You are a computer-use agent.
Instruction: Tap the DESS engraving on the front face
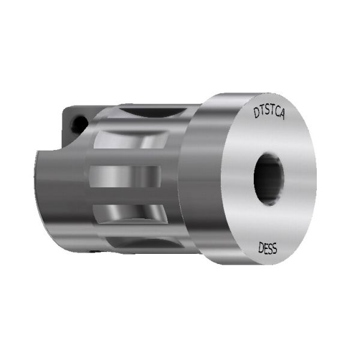267,247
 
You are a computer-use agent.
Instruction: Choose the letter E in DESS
264,247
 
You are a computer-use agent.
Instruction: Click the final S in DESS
275,248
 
